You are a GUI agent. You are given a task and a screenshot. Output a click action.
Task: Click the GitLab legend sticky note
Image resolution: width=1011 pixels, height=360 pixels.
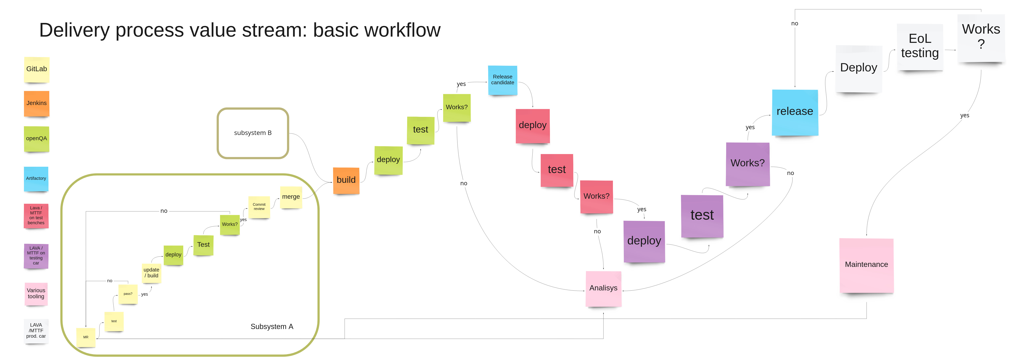[x=36, y=70]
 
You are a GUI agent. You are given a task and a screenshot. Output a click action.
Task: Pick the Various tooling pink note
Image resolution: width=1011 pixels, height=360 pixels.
[x=36, y=294]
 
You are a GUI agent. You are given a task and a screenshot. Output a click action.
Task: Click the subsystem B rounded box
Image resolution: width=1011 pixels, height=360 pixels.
[x=253, y=133]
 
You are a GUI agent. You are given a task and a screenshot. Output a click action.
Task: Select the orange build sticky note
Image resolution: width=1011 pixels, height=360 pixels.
[x=346, y=180]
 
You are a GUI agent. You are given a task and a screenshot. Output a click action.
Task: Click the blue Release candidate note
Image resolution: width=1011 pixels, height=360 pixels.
[x=502, y=80]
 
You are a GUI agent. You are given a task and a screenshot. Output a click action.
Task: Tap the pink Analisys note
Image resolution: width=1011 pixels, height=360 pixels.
[x=603, y=289]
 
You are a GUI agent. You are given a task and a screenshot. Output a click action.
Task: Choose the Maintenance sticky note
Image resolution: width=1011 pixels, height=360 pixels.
[x=866, y=265]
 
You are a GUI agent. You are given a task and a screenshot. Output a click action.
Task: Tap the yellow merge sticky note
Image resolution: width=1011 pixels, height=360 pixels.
[x=291, y=197]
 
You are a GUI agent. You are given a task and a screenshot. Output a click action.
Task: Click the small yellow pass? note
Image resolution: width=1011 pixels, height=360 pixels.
[x=128, y=294]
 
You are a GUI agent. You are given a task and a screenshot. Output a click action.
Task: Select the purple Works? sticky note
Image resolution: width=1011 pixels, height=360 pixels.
[x=747, y=164]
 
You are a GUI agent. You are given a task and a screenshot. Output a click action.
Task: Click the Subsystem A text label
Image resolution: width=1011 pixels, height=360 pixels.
[x=272, y=327]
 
